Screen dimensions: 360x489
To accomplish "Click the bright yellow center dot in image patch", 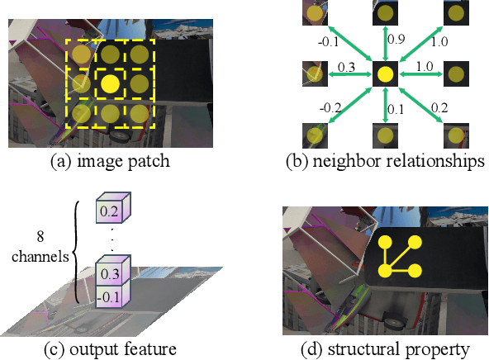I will (x=109, y=83).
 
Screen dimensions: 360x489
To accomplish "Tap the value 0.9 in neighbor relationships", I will (x=396, y=39).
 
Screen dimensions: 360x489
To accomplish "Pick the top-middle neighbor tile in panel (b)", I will (x=384, y=13).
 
